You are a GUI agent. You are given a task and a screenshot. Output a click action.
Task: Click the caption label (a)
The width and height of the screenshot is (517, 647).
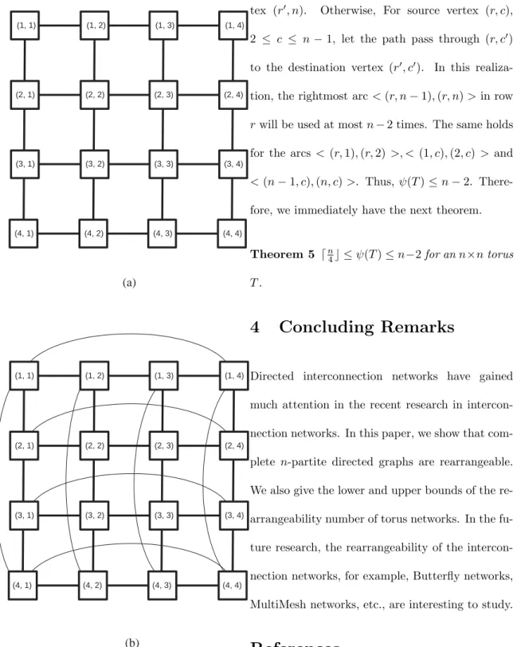(x=129, y=282)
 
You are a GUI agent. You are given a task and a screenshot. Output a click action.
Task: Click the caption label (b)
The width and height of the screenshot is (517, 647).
(x=131, y=642)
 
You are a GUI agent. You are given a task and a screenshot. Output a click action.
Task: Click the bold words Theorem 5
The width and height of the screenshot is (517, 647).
(x=282, y=254)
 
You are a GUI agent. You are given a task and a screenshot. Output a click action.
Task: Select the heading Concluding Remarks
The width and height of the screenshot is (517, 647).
(x=366, y=327)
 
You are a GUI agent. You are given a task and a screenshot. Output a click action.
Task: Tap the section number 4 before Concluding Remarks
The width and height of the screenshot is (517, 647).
(x=255, y=327)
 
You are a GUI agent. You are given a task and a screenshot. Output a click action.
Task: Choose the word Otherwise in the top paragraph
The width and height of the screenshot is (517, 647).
(x=347, y=10)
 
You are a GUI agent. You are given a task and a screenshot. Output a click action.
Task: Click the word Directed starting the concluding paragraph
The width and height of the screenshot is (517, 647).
(x=272, y=376)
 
